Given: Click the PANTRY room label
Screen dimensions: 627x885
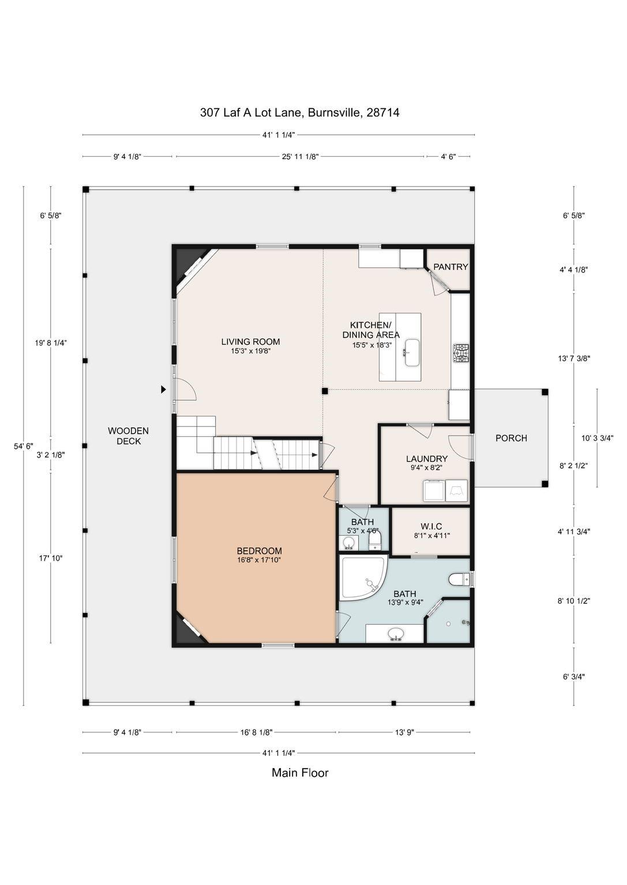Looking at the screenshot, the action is tap(450, 267).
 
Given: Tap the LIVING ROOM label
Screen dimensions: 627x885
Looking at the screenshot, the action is tap(250, 341).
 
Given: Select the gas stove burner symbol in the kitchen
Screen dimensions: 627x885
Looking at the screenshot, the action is tap(461, 353).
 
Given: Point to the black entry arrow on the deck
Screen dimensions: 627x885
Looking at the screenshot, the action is tap(163, 389).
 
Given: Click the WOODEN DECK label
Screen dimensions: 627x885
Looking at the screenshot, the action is tap(128, 436).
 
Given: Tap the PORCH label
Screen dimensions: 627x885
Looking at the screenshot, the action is tap(511, 438).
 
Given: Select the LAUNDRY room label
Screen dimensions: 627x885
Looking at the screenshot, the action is tap(426, 459).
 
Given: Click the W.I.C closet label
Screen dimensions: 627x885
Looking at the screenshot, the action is tap(431, 526).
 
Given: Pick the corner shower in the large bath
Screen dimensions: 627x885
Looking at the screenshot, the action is tap(362, 577).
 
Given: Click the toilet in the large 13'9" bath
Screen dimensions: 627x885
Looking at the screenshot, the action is tap(459, 579).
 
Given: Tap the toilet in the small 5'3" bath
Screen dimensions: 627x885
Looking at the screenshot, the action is tap(374, 540).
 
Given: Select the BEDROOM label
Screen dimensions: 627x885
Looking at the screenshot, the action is tap(259, 550).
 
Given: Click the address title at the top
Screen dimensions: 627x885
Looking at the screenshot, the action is tap(299, 112).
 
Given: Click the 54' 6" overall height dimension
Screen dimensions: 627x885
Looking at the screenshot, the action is tap(23, 446).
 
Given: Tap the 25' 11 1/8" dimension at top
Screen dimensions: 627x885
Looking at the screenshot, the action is tap(300, 157).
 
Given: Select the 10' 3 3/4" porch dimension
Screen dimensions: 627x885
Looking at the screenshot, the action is tap(597, 438).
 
